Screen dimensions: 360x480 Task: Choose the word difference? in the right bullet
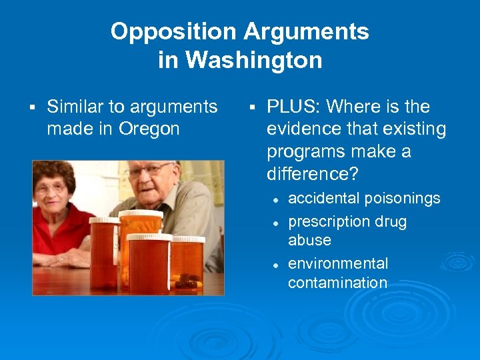click(x=312, y=173)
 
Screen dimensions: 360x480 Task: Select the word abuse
click(x=309, y=239)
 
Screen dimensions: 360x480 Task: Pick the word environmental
click(x=337, y=264)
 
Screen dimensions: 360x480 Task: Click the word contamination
click(x=337, y=283)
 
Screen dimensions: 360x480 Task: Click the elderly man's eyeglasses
click(x=148, y=172)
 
